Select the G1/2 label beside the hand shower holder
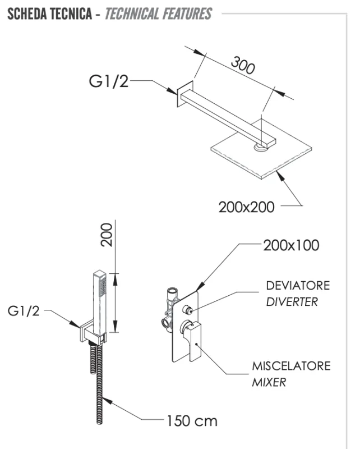(x=24, y=311)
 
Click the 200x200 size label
(x=246, y=207)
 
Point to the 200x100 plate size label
(x=291, y=245)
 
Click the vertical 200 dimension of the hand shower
(x=107, y=234)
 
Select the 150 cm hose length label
(x=192, y=420)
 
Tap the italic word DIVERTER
(x=292, y=301)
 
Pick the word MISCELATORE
(x=291, y=366)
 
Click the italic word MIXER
(x=269, y=383)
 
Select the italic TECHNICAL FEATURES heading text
(x=158, y=13)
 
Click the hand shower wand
(x=99, y=303)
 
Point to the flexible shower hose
(x=98, y=387)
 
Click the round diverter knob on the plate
(x=187, y=308)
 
